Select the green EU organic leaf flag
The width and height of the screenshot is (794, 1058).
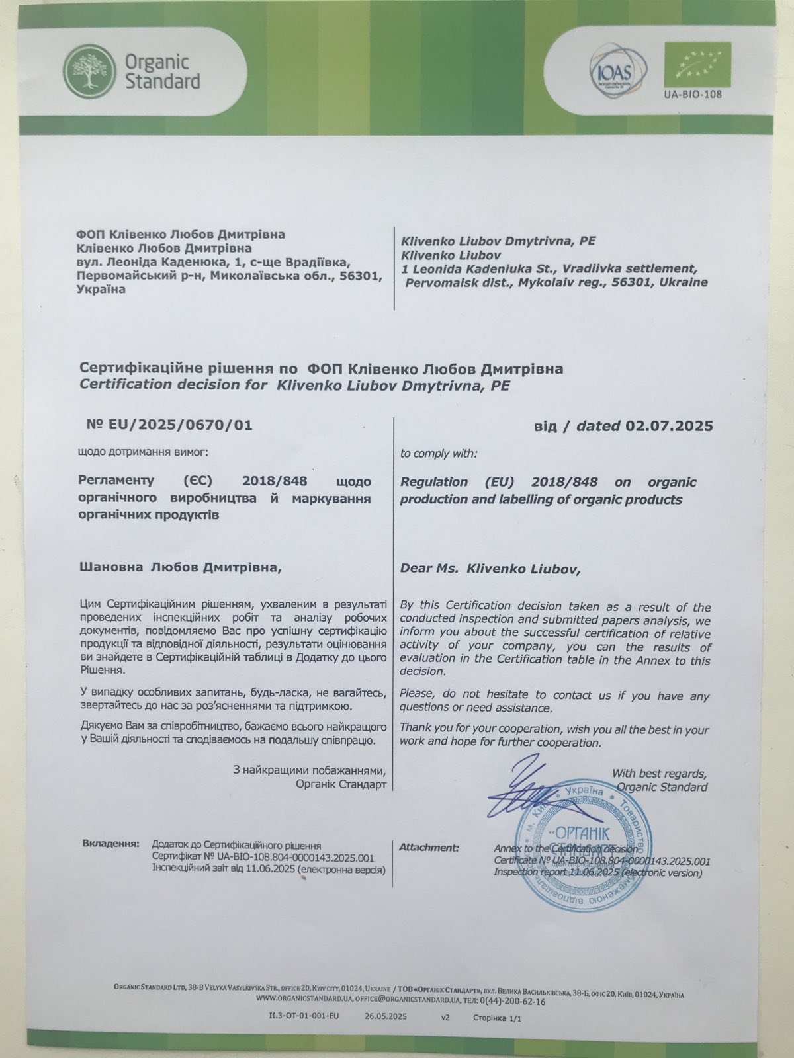coord(697,64)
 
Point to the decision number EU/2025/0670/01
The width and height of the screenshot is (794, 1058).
coord(169,425)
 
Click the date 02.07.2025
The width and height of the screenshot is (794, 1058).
coord(668,426)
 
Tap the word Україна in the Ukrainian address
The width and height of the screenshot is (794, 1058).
coord(101,290)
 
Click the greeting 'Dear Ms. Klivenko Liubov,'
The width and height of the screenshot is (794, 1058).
coord(490,569)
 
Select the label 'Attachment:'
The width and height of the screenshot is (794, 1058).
coord(429,847)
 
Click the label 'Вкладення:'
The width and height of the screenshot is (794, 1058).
coord(111,844)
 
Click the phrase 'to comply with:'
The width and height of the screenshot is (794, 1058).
coord(438,454)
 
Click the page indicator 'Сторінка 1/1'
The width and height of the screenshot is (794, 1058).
coord(498,1018)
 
